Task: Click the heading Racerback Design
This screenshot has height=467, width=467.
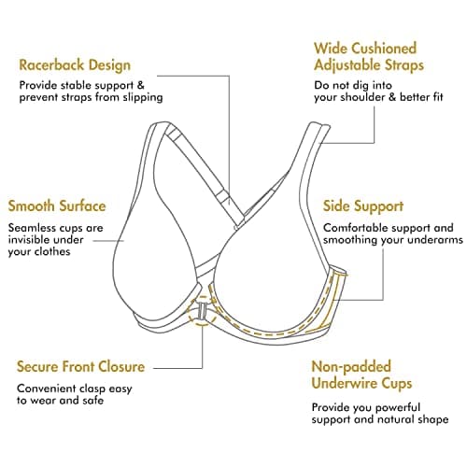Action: pyautogui.click(x=75, y=65)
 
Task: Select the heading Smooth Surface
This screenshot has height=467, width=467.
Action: pyautogui.click(x=57, y=206)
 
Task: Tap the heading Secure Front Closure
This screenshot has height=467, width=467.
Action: pyautogui.click(x=81, y=366)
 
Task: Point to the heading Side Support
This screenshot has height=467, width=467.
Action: pyautogui.click(x=363, y=206)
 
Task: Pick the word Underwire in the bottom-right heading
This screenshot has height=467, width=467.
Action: pyautogui.click(x=345, y=383)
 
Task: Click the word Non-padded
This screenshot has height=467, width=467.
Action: pyautogui.click(x=351, y=367)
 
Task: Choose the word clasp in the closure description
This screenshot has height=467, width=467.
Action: pyautogui.click(x=92, y=389)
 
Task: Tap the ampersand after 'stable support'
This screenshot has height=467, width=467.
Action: pyautogui.click(x=141, y=85)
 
